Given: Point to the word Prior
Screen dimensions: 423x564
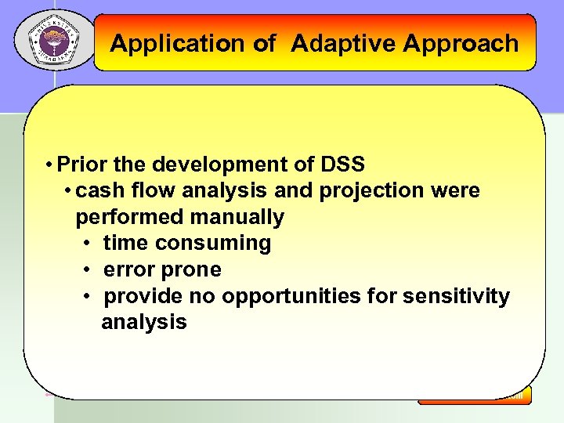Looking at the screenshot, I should (x=83, y=164).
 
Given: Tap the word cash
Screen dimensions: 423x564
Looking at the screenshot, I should (x=102, y=190).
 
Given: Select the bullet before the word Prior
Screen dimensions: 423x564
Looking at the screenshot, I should (x=49, y=164).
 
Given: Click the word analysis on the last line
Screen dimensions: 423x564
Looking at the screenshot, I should (x=143, y=322).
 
